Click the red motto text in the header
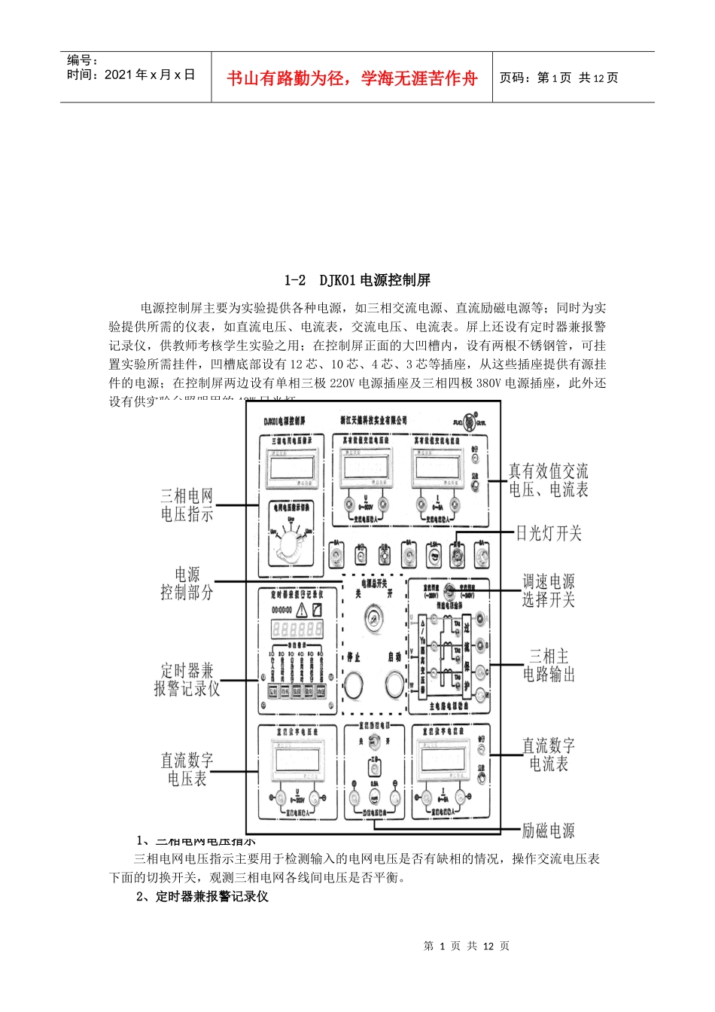tap(351, 78)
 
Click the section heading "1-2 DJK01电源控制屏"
tap(357, 280)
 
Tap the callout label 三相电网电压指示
tap(187, 505)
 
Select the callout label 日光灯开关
tap(549, 533)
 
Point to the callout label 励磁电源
tap(548, 831)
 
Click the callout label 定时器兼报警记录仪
tap(187, 679)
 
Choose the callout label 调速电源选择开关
tap(549, 590)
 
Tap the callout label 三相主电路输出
tap(549, 665)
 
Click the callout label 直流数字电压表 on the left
tap(187, 770)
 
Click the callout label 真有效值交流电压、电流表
tap(549, 480)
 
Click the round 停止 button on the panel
tap(354, 684)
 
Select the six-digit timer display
tap(297, 629)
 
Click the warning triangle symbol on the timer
tap(303, 610)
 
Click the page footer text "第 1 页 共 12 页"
tap(467, 946)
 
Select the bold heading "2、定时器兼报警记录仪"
tap(202, 896)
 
